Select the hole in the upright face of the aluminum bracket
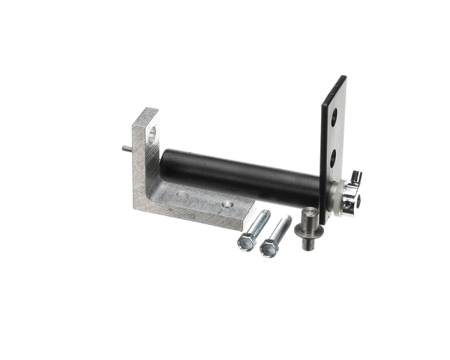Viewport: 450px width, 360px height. click(152, 136)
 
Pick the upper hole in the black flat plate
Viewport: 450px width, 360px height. click(334, 117)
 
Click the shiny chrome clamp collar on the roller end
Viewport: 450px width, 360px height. click(350, 198)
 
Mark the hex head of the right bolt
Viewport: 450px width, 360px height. click(268, 248)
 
